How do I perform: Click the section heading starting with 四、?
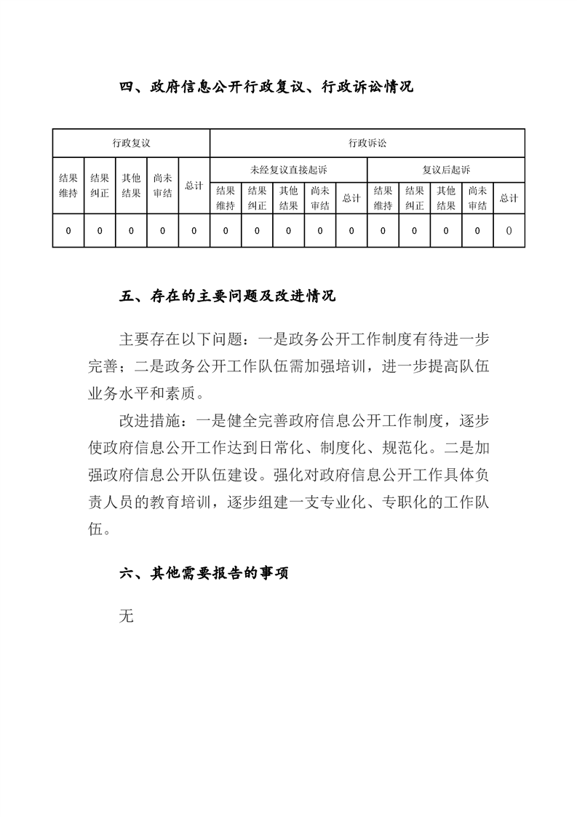[266, 87]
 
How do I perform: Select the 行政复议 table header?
[131, 143]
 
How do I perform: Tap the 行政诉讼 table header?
[367, 143]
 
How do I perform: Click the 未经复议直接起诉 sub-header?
[289, 170]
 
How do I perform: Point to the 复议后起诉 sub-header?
[446, 170]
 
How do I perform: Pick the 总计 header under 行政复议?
[194, 186]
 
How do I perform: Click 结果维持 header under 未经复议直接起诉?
[226, 197]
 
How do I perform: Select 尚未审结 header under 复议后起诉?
[477, 197]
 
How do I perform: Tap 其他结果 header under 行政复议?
[131, 185]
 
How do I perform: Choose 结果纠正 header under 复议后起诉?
[415, 197]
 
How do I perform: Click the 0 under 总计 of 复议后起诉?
[509, 231]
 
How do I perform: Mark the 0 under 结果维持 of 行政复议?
[68, 231]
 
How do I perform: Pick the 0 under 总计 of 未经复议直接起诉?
[351, 231]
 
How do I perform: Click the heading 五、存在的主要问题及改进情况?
[227, 297]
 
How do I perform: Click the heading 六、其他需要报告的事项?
[204, 574]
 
